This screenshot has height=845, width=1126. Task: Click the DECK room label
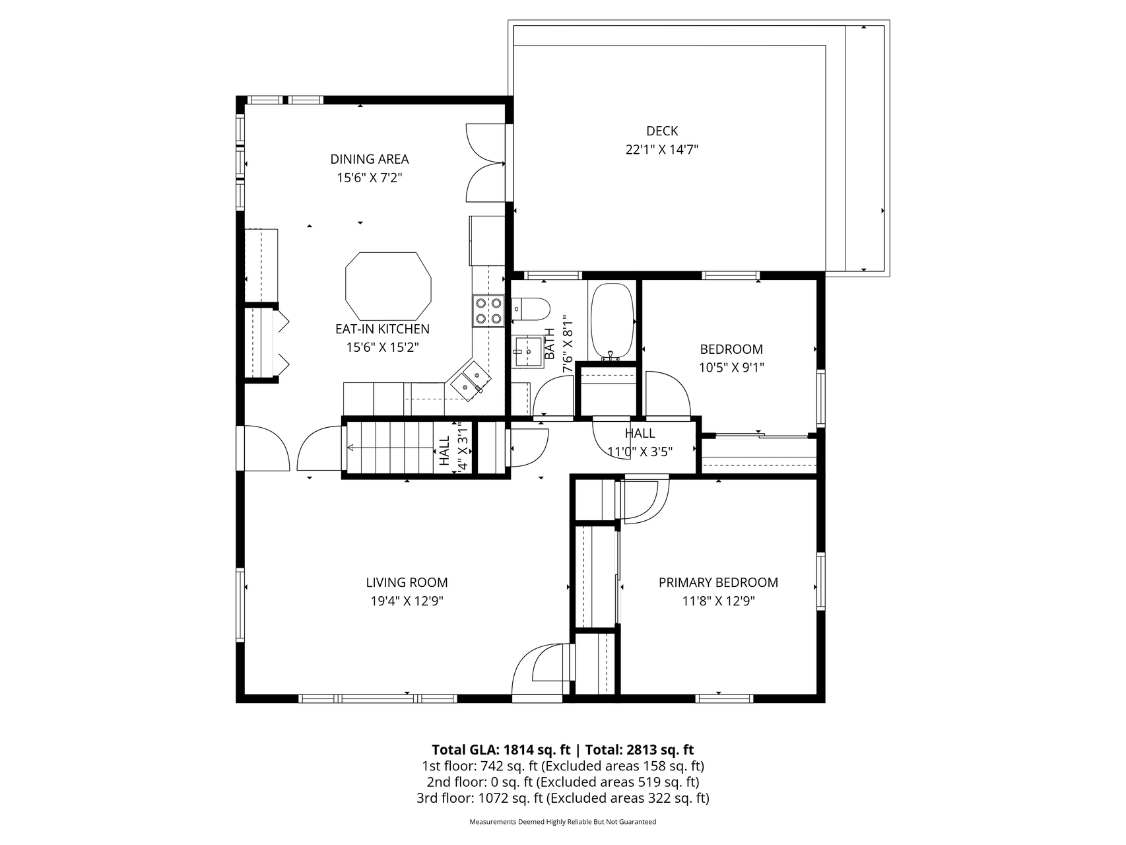[x=661, y=131]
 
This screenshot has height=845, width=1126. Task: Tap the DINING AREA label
[x=370, y=159]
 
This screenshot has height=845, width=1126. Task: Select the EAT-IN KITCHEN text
[x=383, y=329]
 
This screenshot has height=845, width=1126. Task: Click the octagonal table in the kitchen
[x=388, y=286]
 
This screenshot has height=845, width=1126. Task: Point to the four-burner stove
[x=488, y=311]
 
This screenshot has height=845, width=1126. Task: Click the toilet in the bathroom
[x=531, y=308]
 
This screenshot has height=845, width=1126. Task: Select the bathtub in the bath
[x=613, y=322]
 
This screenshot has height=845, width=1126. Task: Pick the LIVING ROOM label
[x=407, y=582]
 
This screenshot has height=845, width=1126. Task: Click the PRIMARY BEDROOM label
[x=718, y=582]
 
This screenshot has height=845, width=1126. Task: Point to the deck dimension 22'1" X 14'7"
[x=661, y=150]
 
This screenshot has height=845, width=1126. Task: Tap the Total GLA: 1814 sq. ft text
[x=501, y=750]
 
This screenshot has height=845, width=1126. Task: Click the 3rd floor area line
[x=563, y=798]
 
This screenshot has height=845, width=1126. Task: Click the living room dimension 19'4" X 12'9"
[x=407, y=601]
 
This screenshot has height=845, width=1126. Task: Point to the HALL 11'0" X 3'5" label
[x=640, y=442]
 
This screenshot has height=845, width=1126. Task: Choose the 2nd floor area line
[x=563, y=782]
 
